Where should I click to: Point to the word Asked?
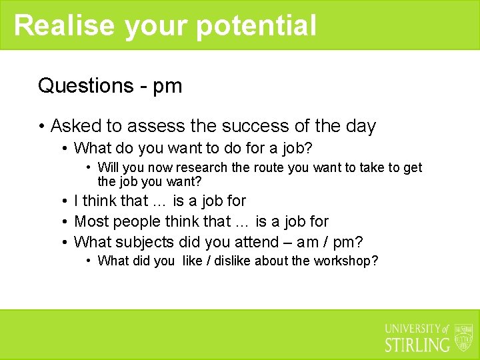coord(75,126)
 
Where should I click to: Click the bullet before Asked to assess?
coord(41,126)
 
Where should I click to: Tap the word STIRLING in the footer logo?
coord(417,345)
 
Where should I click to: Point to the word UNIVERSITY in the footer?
coord(413,329)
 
